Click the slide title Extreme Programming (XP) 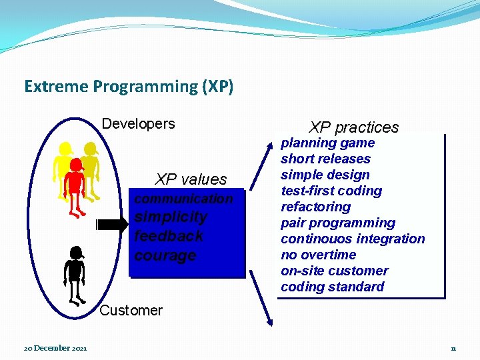pyautogui.click(x=129, y=87)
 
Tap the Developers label pyautogui.click(x=138, y=124)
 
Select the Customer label pyautogui.click(x=131, y=310)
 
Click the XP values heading pyautogui.click(x=191, y=179)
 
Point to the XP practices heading pyautogui.click(x=353, y=127)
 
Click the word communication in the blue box pyautogui.click(x=183, y=199)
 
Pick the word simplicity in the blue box pyautogui.click(x=171, y=217)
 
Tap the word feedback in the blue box pyautogui.click(x=169, y=236)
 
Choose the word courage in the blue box pyautogui.click(x=165, y=255)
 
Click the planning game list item pyautogui.click(x=327, y=143)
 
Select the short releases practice pyautogui.click(x=325, y=159)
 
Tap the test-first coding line pyautogui.click(x=331, y=191)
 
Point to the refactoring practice pyautogui.click(x=315, y=207)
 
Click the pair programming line pyautogui.click(x=338, y=223)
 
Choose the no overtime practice pyautogui.click(x=319, y=255)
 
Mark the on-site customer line pyautogui.click(x=334, y=271)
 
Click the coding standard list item pyautogui.click(x=332, y=287)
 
